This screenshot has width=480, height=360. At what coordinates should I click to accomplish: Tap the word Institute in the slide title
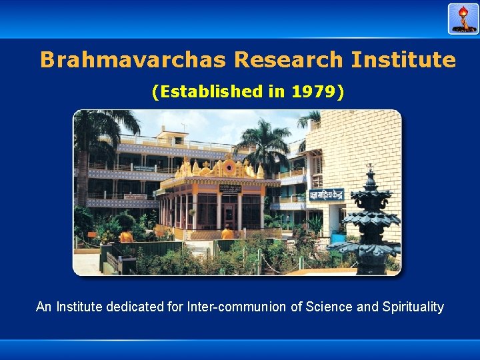point(404,60)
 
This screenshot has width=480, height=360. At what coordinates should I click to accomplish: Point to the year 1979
point(315,92)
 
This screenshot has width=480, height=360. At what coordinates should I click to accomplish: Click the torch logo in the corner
point(463,19)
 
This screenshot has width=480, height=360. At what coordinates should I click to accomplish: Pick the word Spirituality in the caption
point(413,307)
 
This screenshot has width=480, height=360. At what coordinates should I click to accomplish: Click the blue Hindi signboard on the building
point(325,195)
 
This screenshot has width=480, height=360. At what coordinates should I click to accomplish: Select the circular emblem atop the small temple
point(230,167)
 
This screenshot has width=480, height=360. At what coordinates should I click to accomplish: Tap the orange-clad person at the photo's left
point(126,235)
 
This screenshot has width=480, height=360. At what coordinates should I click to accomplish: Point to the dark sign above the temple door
point(229,189)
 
